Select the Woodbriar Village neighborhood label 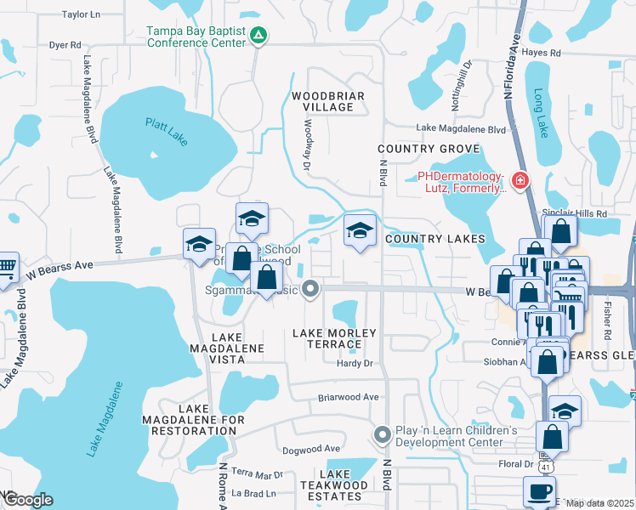[x=322, y=101]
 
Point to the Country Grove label [x=429, y=149]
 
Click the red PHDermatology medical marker [x=519, y=181]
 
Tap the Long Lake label [x=540, y=114]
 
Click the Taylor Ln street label [x=81, y=14]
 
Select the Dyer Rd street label [x=65, y=44]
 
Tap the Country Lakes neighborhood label [x=434, y=240]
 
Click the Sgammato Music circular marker [x=311, y=290]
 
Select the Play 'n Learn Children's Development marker [x=382, y=436]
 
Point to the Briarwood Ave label [x=347, y=397]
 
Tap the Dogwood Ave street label [x=310, y=448]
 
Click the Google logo [x=27, y=500]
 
